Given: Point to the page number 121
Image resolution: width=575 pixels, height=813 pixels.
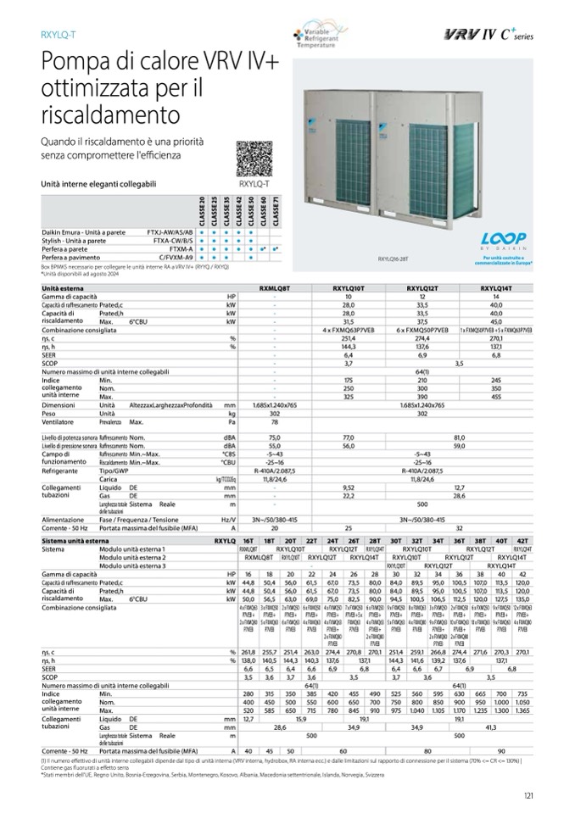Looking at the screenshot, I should [x=528, y=794].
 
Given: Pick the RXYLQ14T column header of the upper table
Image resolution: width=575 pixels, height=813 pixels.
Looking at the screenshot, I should [x=495, y=288].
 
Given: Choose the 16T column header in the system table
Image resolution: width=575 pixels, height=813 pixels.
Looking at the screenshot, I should [x=248, y=540].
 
